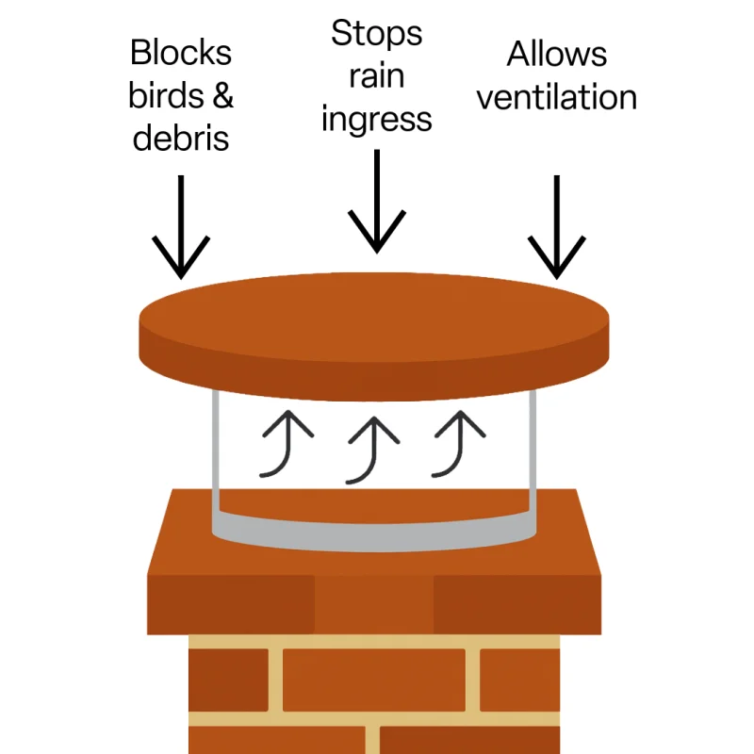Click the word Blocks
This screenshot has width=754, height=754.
pos(181,53)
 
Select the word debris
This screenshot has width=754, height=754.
pos(181,139)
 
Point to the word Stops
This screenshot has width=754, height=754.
pos(376,34)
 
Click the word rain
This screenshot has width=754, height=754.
pos(376,76)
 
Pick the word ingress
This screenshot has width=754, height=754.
pos(376,121)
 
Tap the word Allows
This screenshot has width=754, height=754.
pos(556,54)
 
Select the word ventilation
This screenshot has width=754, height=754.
pos(556,96)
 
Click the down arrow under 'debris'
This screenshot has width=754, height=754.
pos(181,226)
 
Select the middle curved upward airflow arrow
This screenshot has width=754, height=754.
pos(369,448)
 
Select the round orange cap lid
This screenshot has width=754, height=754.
pos(375,330)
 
